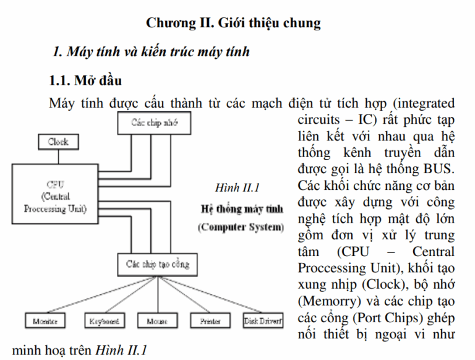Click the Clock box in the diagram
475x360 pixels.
tap(58, 142)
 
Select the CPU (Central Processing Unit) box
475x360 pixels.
tap(55, 195)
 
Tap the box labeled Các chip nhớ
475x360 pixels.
tap(154, 122)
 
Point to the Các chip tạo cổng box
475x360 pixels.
tap(158, 265)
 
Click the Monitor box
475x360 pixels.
tap(45, 322)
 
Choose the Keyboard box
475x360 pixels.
tap(103, 322)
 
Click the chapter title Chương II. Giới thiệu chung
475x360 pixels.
tap(234, 24)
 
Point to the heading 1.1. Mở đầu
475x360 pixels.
tap(85, 81)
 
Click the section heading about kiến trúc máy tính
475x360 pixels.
tap(151, 51)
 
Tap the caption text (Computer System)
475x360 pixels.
tap(241, 227)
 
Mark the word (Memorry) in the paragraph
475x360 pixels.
tap(326, 302)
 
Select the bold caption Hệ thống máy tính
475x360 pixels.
tap(242, 208)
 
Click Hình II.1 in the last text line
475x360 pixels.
tap(121, 351)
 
